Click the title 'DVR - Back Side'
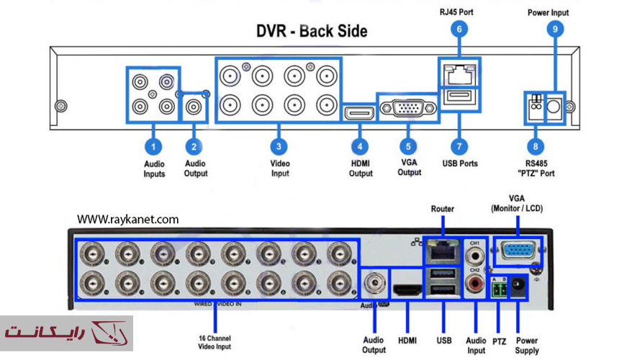click(312, 31)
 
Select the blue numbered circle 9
click(554, 30)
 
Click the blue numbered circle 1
click(153, 146)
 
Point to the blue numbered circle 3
click(279, 146)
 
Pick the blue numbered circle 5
click(408, 146)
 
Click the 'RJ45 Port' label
click(456, 12)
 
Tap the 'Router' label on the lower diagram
click(442, 209)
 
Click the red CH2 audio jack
click(475, 286)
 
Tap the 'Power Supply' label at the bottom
click(527, 346)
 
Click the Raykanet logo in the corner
click(66, 333)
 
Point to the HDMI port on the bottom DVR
click(408, 291)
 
